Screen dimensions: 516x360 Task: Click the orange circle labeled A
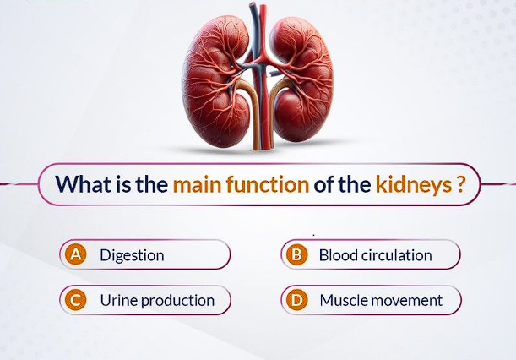76,254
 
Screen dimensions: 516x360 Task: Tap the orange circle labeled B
296,254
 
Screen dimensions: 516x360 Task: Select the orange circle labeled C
76,300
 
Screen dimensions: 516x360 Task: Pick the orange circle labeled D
296,300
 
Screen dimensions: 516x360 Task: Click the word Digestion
132,255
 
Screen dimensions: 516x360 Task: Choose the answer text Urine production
157,301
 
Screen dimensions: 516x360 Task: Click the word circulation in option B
396,255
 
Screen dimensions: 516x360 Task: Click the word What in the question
84,184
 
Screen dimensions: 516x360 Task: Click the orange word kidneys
414,185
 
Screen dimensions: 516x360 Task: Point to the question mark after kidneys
461,184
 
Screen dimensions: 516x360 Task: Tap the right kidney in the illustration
301,79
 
